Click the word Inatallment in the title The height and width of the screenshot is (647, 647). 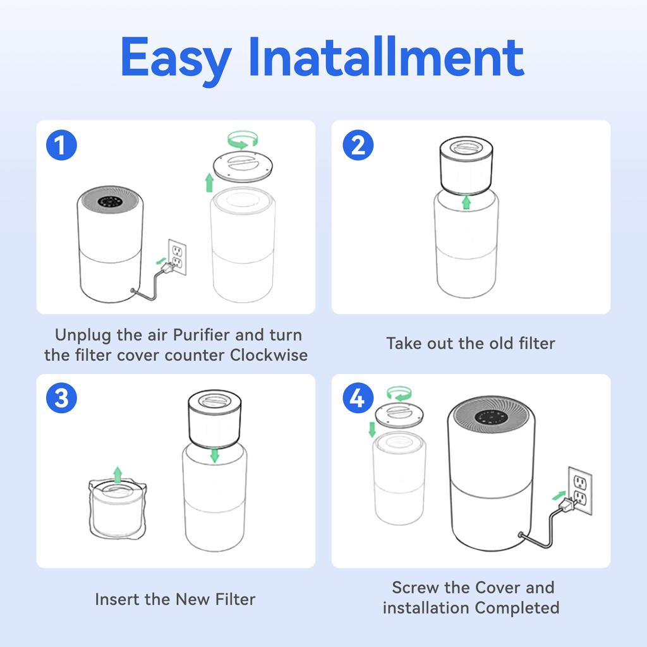tap(386, 57)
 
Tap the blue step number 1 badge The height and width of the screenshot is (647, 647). tap(61, 146)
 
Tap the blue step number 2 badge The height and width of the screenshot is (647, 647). tap(358, 146)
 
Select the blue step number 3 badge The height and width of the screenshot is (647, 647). tap(61, 399)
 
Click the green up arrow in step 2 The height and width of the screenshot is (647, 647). tap(466, 202)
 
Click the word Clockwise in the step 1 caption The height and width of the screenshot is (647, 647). tap(269, 355)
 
